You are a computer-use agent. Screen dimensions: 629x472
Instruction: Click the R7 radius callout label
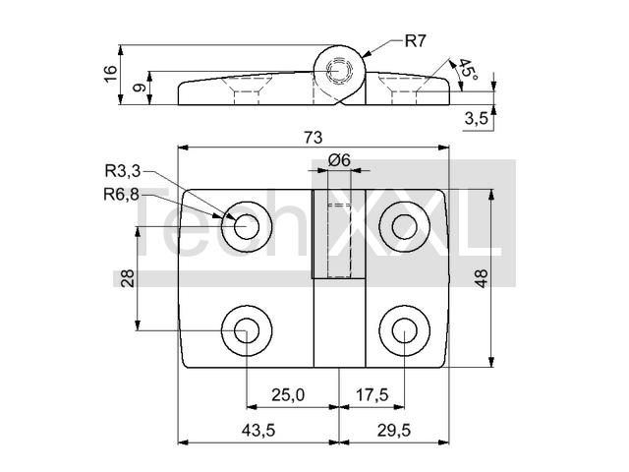415,41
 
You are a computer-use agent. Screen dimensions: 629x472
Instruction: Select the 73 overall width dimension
314,138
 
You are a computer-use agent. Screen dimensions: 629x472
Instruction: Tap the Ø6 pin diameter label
339,160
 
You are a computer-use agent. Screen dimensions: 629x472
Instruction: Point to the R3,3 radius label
123,171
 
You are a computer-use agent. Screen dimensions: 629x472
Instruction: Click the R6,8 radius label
122,195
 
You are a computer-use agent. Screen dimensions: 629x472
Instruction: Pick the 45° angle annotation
468,69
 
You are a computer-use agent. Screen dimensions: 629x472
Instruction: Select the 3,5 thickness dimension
476,118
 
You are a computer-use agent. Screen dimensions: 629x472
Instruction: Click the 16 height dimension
110,74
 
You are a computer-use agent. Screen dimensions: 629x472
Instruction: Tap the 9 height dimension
140,88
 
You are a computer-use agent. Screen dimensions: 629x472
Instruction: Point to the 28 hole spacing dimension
127,278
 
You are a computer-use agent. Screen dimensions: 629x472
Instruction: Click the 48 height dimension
481,277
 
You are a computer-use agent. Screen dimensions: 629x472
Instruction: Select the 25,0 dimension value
288,395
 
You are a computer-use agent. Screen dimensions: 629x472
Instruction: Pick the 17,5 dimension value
372,395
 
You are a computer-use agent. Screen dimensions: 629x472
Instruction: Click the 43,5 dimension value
257,431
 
